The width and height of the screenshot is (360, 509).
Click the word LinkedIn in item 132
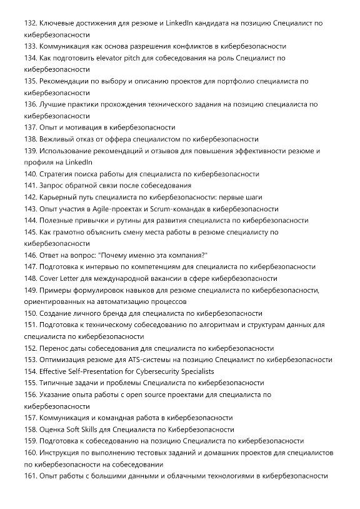point(181,23)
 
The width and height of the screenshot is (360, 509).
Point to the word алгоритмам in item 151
point(211,325)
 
